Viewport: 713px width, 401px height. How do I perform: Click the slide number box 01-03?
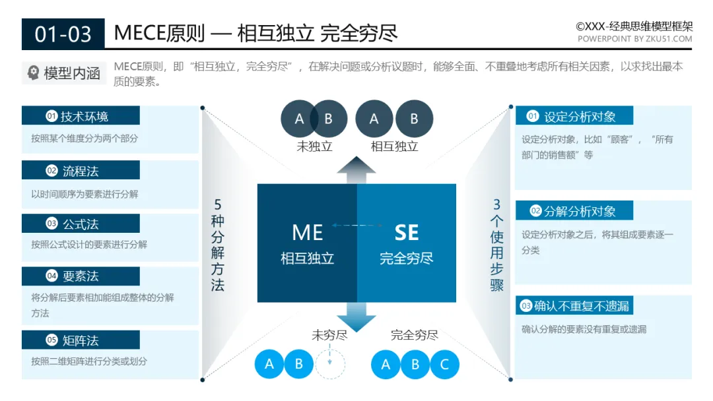point(63,34)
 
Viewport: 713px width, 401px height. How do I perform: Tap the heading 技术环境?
point(85,117)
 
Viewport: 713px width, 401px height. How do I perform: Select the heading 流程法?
point(81,171)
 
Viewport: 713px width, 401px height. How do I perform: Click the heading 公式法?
point(81,224)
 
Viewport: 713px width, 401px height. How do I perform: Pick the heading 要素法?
point(81,276)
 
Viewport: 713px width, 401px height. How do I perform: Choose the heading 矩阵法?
point(81,340)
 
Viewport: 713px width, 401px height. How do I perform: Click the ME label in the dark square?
point(307,233)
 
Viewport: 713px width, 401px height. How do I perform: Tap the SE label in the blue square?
point(406,233)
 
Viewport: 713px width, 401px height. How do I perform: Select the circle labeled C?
point(444,364)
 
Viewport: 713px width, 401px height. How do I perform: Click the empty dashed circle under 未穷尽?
point(329,363)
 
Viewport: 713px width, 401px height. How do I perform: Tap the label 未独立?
point(314,146)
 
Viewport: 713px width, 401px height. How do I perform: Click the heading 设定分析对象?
point(580,117)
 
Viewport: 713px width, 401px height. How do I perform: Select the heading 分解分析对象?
point(580,211)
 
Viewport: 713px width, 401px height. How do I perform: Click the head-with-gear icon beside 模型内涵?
point(33,73)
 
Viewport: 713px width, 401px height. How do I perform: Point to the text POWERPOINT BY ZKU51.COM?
point(634,39)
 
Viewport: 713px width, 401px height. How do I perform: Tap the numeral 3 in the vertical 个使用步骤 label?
point(496,204)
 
